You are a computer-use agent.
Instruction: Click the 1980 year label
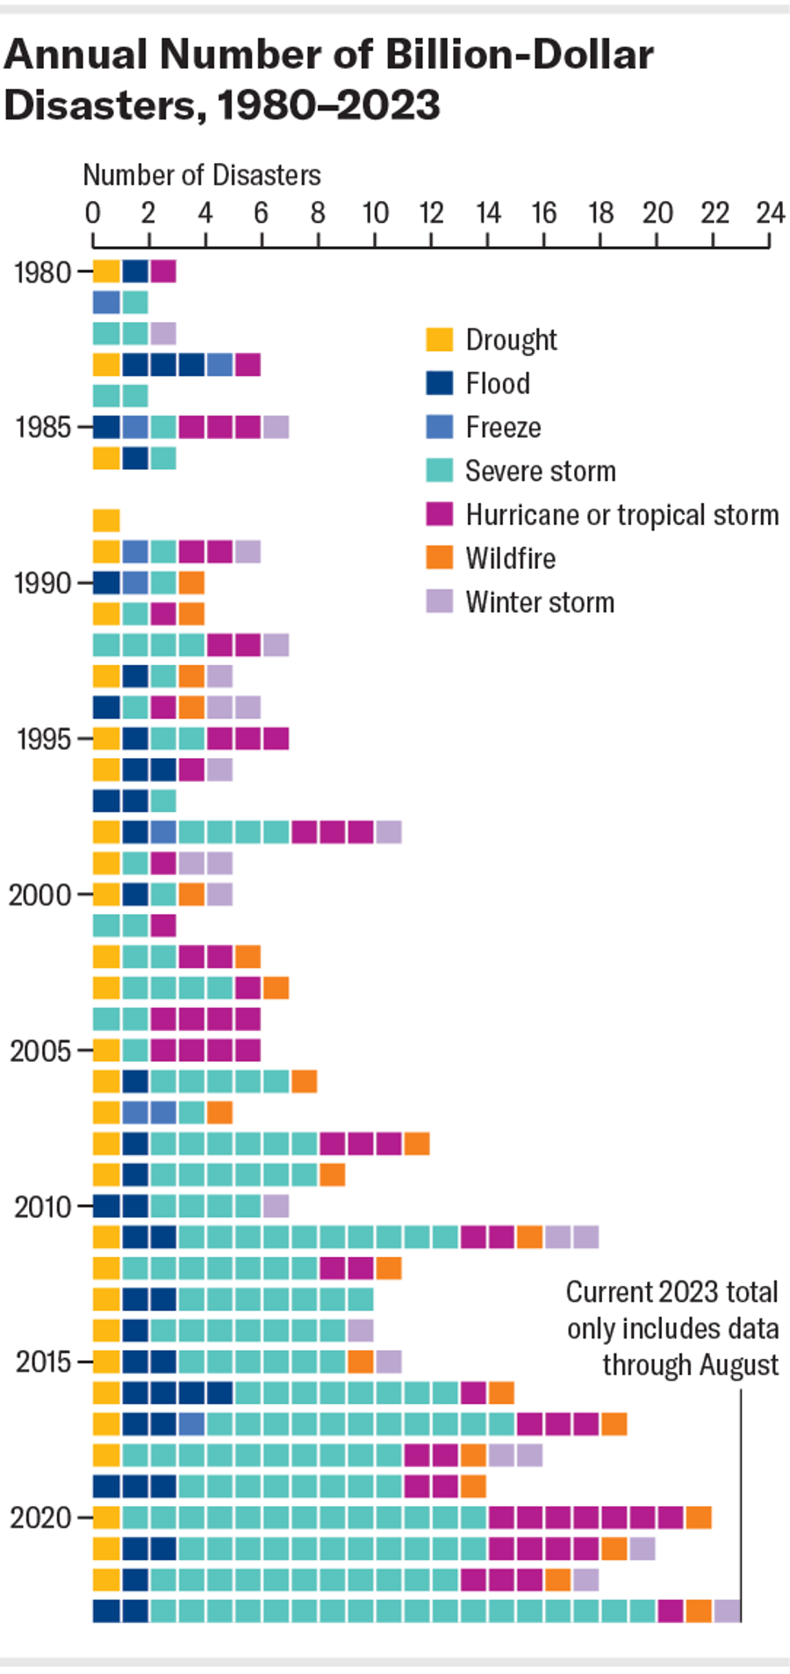point(42,272)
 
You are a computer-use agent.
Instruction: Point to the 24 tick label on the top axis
point(770,213)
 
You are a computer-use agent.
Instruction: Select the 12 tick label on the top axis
point(430,213)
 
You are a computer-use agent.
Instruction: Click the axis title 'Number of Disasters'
point(202,176)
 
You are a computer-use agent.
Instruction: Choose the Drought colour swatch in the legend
point(440,340)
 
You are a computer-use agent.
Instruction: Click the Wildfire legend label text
point(510,559)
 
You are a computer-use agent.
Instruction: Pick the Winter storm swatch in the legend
point(440,602)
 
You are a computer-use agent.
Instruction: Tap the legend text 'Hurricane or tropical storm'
point(621,515)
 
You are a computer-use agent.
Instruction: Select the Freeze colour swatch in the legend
point(440,427)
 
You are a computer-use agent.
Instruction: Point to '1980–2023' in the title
point(328,106)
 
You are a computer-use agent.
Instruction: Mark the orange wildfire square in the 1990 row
point(191,582)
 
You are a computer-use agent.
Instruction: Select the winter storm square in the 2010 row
point(276,1206)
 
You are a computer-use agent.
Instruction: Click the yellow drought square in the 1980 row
point(106,271)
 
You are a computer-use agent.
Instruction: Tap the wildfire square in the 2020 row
point(699,1517)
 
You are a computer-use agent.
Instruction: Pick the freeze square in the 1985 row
point(135,427)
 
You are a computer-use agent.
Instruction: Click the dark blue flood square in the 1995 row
point(135,738)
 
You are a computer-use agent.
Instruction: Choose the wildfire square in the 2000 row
point(191,894)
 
